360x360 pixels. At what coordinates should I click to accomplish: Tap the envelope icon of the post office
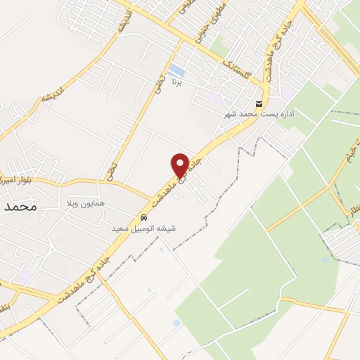coord(260,104)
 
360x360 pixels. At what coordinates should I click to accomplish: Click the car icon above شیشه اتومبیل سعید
coord(144,218)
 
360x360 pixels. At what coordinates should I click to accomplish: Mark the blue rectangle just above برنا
coord(176,71)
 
